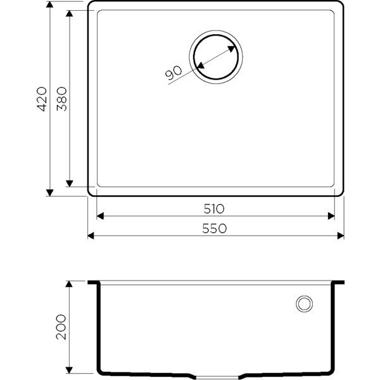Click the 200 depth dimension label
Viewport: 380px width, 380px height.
click(61, 327)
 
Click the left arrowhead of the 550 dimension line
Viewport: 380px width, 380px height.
click(91, 236)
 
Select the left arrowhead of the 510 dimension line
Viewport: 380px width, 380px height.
click(99, 217)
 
